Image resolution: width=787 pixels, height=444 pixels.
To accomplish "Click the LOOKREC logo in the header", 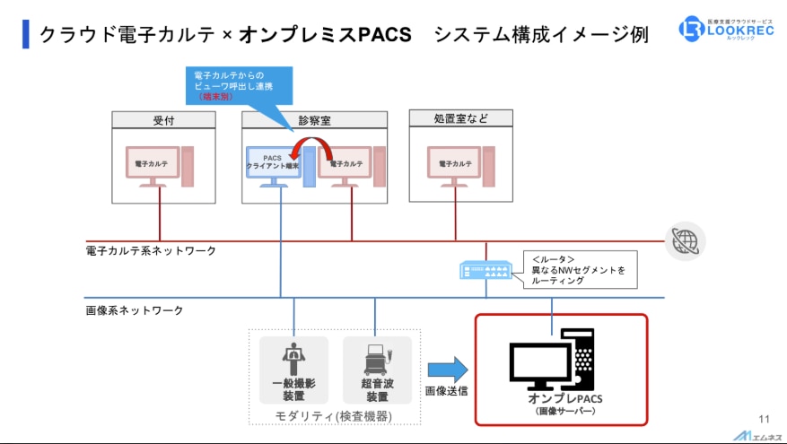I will tap(728, 28).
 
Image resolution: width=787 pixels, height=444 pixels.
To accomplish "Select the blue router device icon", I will tap(485, 268).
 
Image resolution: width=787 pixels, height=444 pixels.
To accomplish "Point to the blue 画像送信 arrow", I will tap(448, 370).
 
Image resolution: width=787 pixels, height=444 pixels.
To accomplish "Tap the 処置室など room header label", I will tap(460, 118).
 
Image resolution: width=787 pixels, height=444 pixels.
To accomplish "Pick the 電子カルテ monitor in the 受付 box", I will tap(152, 166).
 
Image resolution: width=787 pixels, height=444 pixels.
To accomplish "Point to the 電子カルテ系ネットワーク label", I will tap(151, 251).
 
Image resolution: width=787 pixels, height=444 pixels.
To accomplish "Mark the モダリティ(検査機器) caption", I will tap(335, 414).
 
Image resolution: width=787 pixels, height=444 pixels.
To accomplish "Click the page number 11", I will tap(764, 419).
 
